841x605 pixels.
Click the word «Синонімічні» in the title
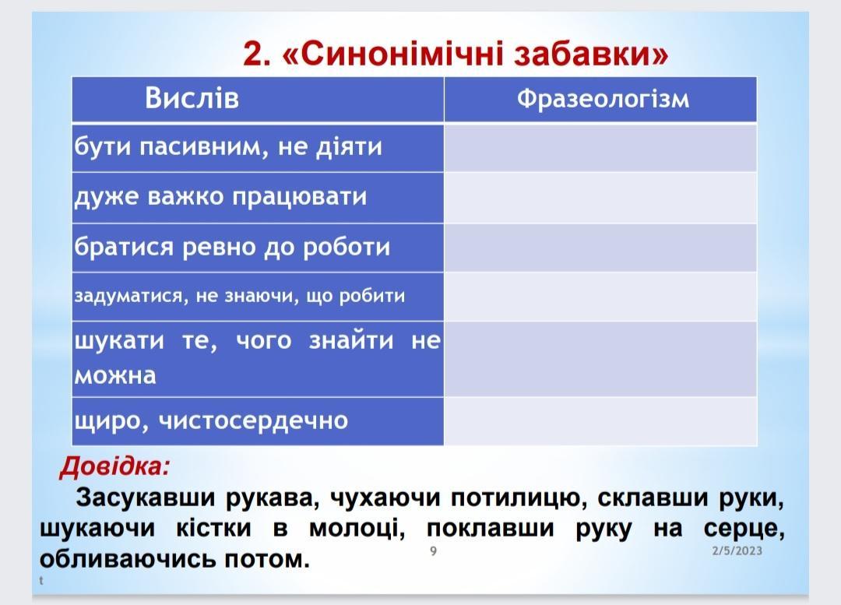click(x=398, y=55)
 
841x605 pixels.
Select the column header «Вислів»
click(x=192, y=99)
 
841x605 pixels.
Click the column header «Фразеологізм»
click(x=603, y=99)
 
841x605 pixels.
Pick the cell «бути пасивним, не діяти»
click(x=258, y=147)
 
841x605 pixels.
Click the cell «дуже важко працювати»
click(x=258, y=197)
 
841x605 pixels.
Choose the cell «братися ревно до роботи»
click(x=258, y=248)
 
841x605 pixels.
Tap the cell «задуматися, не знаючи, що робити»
click(x=258, y=297)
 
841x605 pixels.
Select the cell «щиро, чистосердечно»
click(x=258, y=421)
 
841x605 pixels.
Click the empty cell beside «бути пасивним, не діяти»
click(x=600, y=147)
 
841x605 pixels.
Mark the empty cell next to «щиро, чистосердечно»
click(x=600, y=421)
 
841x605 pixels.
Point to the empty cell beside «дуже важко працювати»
click(x=600, y=197)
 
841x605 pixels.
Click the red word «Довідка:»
click(x=114, y=466)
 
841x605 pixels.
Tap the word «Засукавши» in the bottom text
click(x=146, y=498)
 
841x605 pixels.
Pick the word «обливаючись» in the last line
click(x=128, y=558)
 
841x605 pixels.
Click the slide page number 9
click(x=434, y=550)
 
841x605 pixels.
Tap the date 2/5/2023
click(x=737, y=550)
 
